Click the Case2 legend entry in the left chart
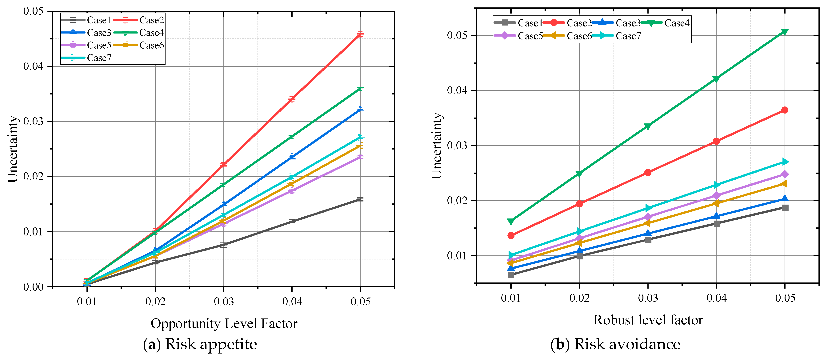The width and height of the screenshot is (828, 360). click(x=151, y=20)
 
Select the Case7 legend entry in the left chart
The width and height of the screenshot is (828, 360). click(x=99, y=58)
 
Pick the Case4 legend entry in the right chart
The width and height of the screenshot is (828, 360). click(x=677, y=23)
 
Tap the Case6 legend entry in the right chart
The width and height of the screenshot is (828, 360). click(x=579, y=36)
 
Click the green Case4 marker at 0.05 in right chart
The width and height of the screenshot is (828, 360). click(x=785, y=31)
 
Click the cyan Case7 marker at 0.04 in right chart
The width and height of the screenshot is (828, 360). click(x=716, y=185)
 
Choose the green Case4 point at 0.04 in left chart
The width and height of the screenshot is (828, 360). click(x=292, y=137)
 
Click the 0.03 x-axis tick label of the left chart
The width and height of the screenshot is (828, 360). click(x=224, y=302)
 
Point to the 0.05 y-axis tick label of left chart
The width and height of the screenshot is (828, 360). click(x=34, y=11)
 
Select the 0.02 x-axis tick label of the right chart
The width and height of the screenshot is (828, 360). click(x=579, y=298)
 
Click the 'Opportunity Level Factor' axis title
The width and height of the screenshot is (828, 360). click(x=224, y=323)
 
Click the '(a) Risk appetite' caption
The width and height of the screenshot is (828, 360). click(x=200, y=344)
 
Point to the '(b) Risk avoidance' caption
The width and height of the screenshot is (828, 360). click(x=615, y=344)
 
